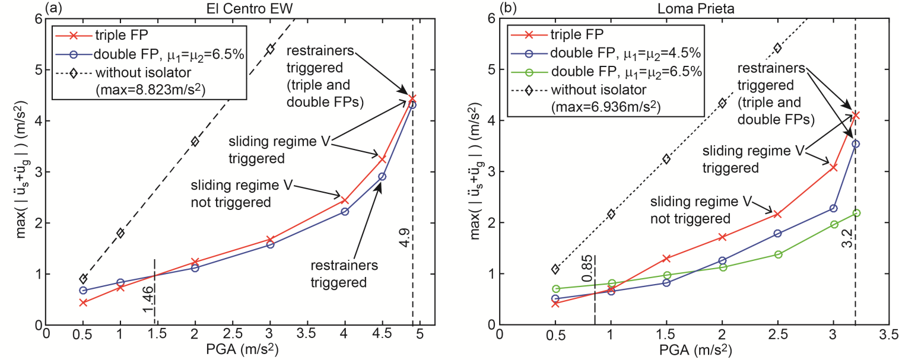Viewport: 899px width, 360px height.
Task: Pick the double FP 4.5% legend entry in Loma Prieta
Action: click(x=625, y=54)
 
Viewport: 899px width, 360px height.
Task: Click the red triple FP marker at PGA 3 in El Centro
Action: click(x=270, y=239)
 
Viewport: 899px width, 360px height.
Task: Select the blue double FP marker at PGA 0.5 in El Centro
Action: click(x=84, y=291)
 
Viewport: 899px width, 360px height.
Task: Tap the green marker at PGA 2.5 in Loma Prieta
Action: click(x=777, y=254)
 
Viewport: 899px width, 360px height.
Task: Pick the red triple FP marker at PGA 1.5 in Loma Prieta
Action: click(x=666, y=259)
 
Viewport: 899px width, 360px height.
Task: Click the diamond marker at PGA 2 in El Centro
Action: click(x=195, y=141)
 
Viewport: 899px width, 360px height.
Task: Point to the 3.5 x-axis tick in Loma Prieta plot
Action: click(x=888, y=334)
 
